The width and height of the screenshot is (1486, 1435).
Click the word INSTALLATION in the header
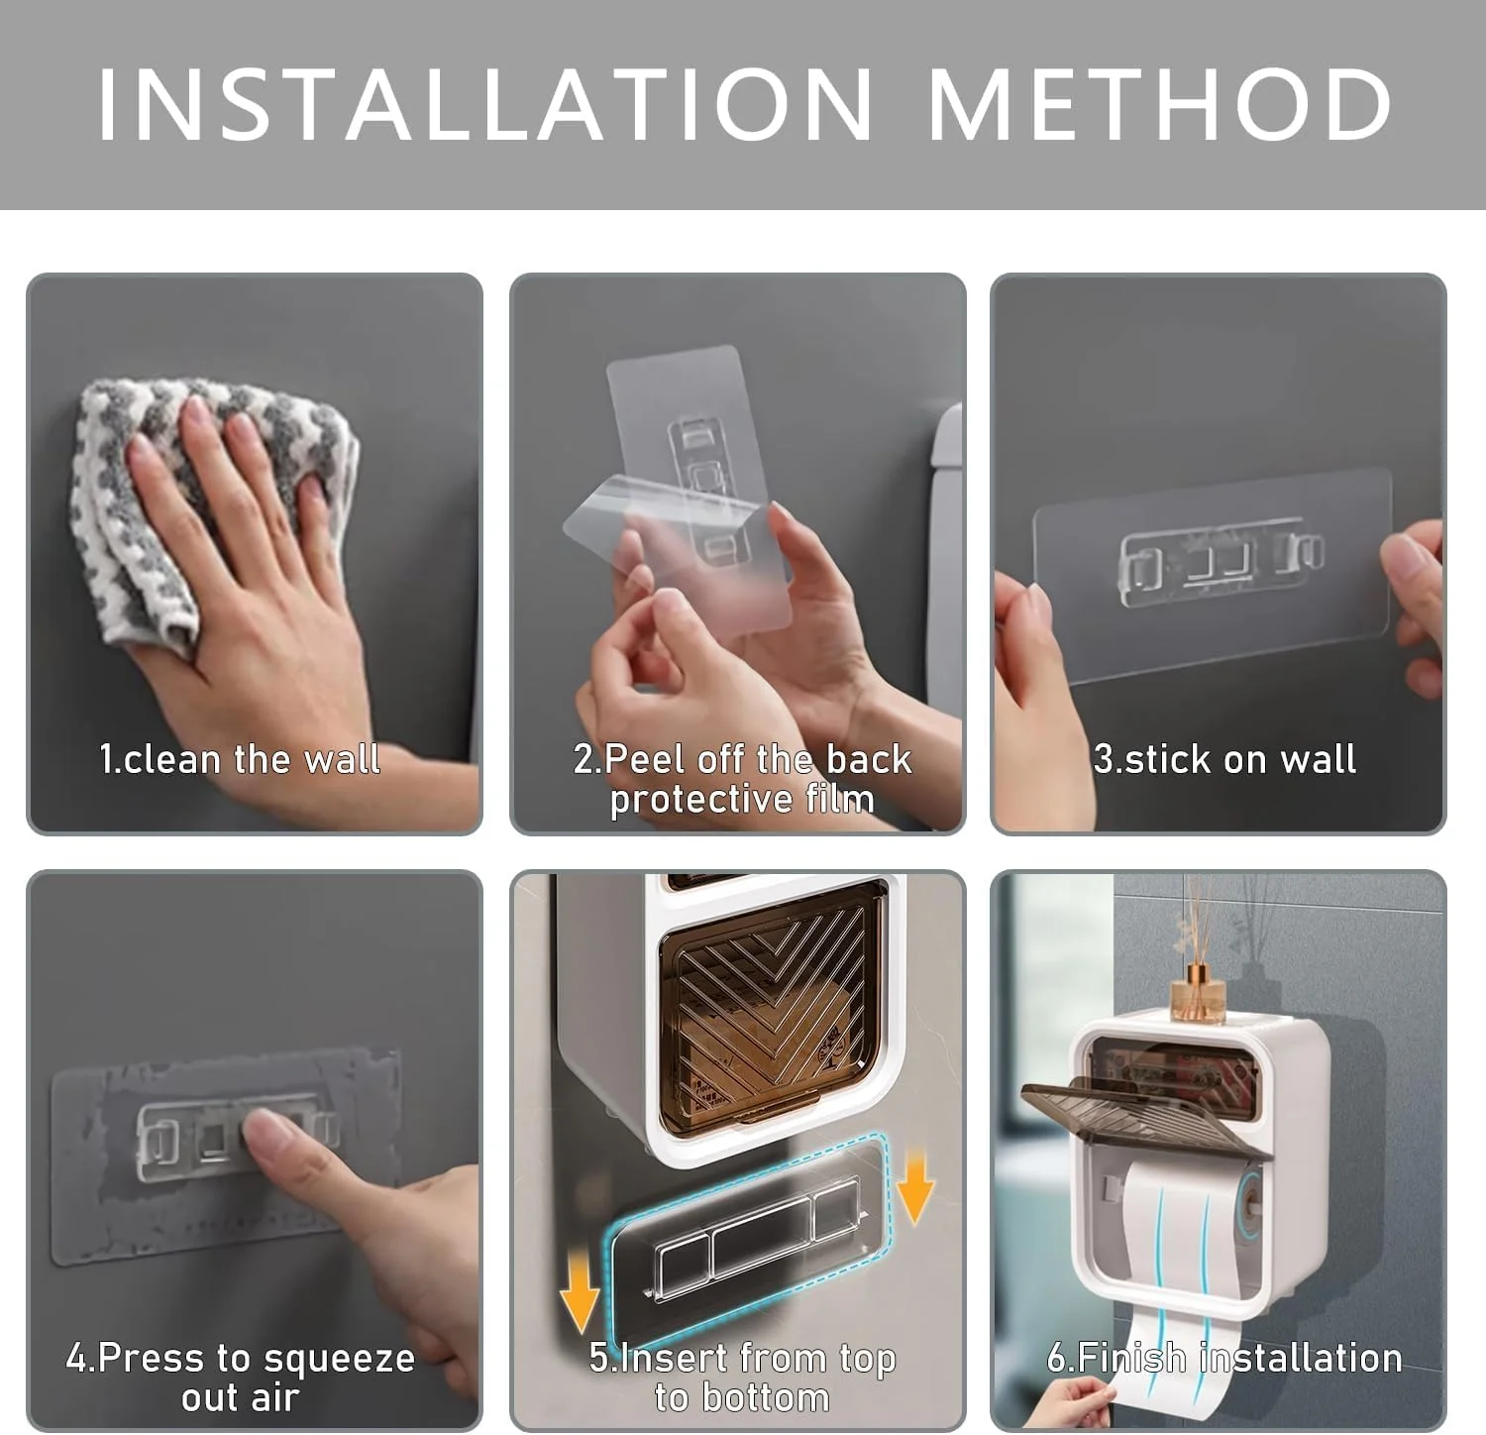(485, 104)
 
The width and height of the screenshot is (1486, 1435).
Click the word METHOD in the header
(1160, 104)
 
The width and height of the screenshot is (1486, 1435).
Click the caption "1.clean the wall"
(240, 759)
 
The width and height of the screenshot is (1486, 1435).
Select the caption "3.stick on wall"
(1224, 759)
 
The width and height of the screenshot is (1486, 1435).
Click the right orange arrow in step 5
(915, 1187)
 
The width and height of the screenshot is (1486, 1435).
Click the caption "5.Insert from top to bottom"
(742, 1378)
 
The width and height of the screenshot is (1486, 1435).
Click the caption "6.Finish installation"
(1224, 1358)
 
